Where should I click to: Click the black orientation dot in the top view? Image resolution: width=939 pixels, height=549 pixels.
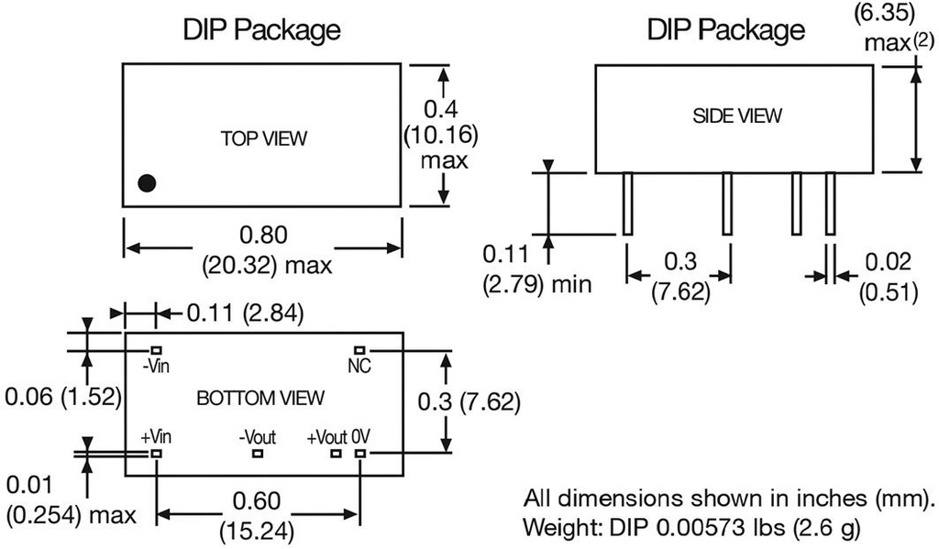coord(147,182)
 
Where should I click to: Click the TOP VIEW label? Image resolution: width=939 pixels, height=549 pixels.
coord(263,139)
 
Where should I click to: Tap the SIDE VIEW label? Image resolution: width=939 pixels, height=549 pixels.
coord(736,115)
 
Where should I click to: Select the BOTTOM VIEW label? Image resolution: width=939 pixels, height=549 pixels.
coord(260,398)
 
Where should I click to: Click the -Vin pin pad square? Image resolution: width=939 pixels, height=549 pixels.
coord(157,350)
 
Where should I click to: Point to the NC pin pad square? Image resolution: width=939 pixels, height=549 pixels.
coord(360,350)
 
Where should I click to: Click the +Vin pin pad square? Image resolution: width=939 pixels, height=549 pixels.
coord(157,453)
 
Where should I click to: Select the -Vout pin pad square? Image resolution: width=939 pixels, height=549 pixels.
coord(258,453)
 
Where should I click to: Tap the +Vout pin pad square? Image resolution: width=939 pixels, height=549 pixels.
coord(337,453)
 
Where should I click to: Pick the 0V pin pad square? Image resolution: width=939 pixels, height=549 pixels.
coord(360,453)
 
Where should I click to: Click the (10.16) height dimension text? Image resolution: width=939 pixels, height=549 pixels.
coord(440,136)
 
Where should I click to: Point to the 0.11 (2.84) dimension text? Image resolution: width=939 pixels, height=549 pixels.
coord(245,313)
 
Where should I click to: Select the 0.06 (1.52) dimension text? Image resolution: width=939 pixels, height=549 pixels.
coord(60,399)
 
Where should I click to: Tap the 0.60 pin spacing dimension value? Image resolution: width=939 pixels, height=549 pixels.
coord(258,501)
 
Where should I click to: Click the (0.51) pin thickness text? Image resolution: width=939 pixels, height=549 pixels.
coord(887,292)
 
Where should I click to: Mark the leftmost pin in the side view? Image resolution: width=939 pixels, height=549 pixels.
coord(627,203)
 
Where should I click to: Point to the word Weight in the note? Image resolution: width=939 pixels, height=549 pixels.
coord(553,529)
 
